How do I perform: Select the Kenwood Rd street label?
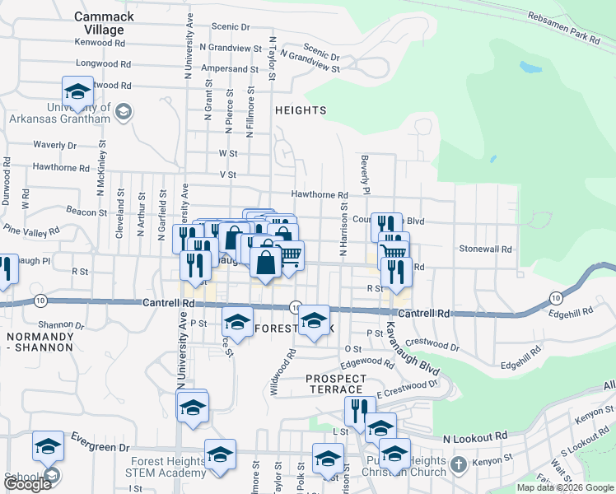pos(100,42)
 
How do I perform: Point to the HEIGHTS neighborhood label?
pos(301,110)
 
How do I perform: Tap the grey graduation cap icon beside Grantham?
pos(124,111)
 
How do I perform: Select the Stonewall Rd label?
pos(485,248)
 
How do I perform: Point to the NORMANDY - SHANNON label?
pos(40,343)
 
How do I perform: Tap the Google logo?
pos(29,484)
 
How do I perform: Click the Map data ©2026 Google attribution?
pos(564,487)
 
